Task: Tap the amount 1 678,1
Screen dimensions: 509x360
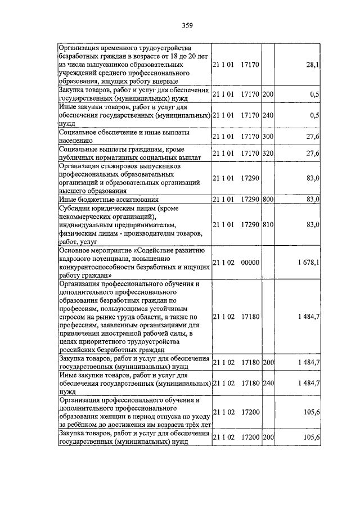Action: point(308,262)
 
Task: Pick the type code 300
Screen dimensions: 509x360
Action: point(268,137)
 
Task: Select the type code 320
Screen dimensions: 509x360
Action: point(268,154)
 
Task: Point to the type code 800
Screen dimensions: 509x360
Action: point(268,200)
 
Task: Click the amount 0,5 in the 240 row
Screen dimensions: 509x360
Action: point(314,116)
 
